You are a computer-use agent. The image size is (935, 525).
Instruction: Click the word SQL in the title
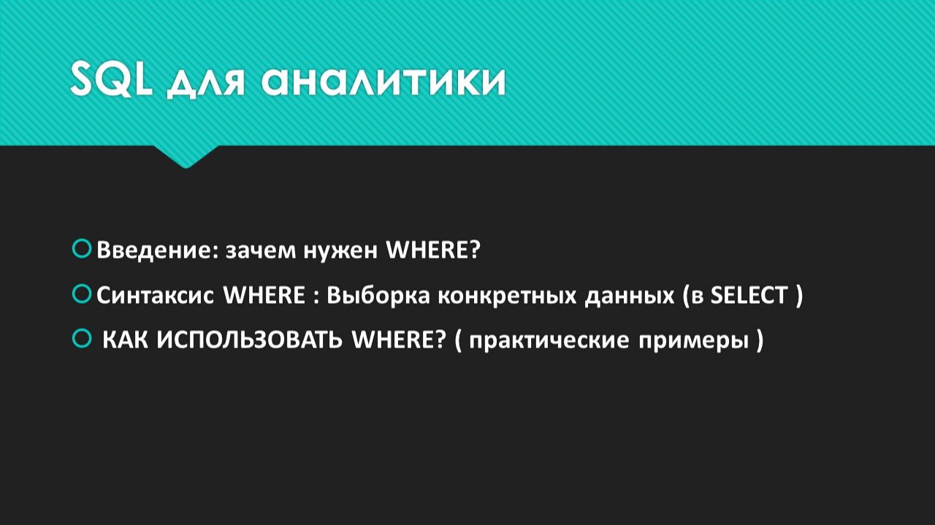[111, 79]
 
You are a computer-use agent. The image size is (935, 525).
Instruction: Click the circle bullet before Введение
[81, 249]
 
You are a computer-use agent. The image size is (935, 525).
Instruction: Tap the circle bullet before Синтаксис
[81, 294]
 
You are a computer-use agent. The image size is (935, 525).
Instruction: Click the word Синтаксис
[156, 296]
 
